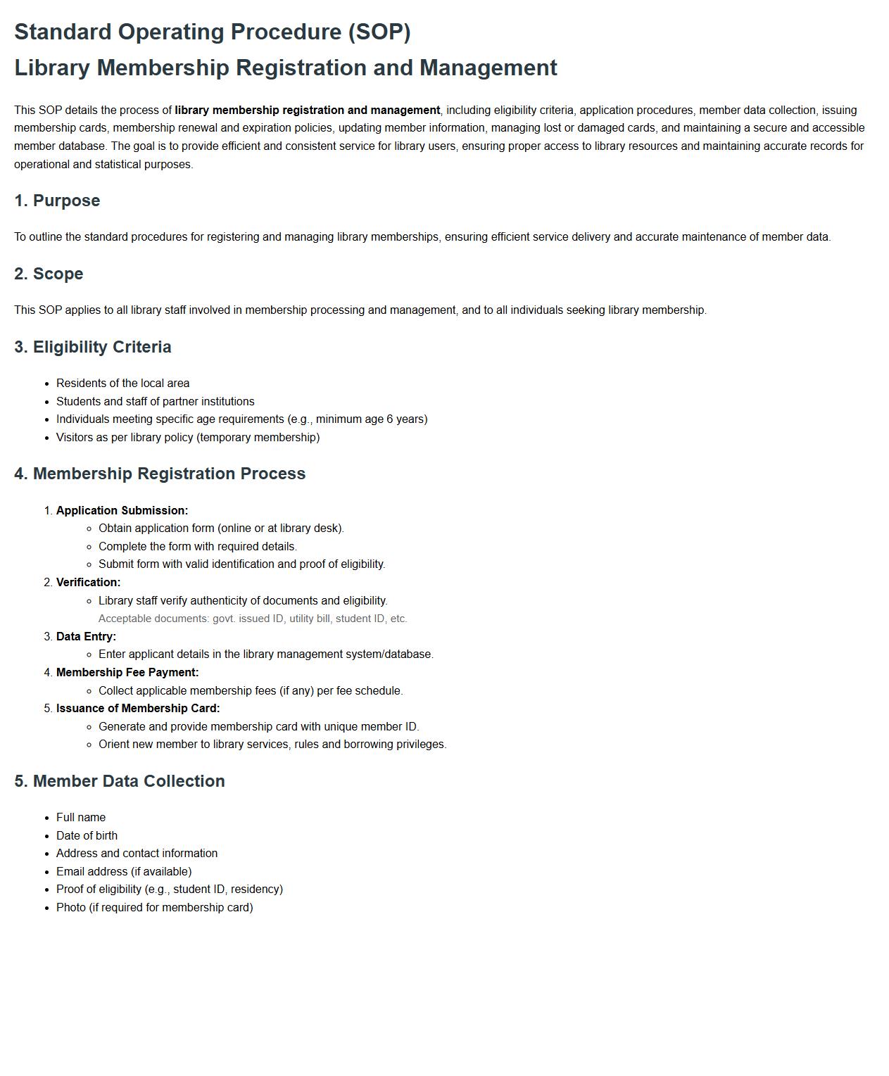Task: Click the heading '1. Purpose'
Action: click(57, 201)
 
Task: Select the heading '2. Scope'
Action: click(49, 274)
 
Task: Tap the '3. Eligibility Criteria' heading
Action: click(92, 347)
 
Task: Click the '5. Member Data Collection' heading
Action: click(119, 781)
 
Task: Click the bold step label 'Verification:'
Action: click(88, 583)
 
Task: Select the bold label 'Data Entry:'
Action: click(86, 636)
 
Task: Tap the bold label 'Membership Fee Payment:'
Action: click(127, 673)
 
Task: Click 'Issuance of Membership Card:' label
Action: click(138, 709)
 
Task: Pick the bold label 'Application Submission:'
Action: click(122, 511)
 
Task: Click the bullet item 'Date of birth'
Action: click(87, 835)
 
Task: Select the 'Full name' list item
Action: click(81, 818)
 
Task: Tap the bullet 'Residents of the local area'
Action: click(122, 384)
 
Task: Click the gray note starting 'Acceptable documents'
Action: click(253, 619)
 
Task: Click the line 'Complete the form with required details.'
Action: click(198, 547)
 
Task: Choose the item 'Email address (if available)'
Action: click(124, 871)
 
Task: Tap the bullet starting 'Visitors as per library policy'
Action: click(188, 438)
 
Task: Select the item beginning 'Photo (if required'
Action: click(154, 908)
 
